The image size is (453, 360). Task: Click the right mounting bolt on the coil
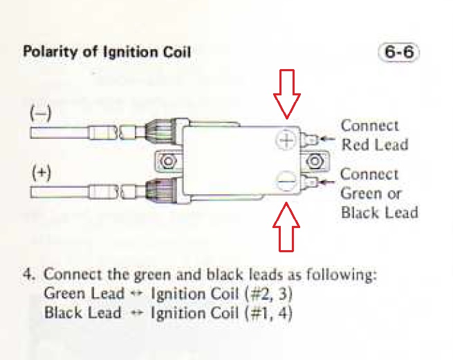pyautogui.click(x=315, y=161)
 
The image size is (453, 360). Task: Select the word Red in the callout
pyautogui.click(x=355, y=144)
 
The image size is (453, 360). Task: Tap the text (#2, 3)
pyautogui.click(x=268, y=294)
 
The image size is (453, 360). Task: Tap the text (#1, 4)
pyautogui.click(x=268, y=313)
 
